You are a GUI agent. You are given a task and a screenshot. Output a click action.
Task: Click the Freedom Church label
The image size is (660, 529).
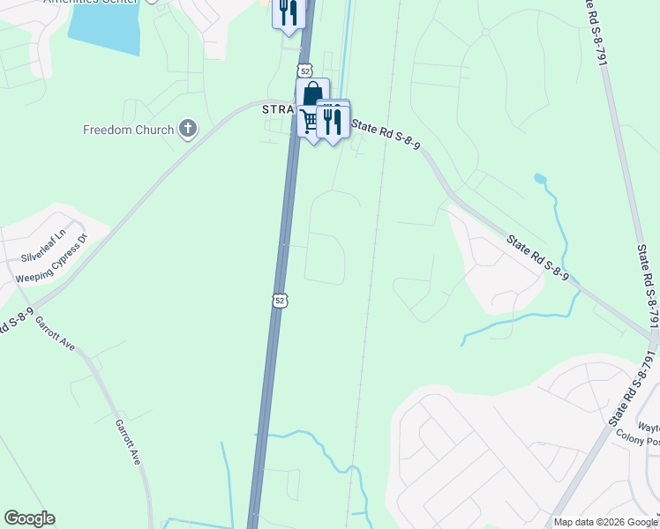129,130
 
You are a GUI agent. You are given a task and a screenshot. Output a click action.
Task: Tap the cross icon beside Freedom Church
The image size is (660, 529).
187,130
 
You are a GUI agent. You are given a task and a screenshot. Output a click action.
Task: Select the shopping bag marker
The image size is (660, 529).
312,93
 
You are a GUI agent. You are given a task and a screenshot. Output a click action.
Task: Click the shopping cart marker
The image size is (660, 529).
309,122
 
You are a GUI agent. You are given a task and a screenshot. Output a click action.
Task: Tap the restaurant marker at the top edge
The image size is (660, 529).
289,13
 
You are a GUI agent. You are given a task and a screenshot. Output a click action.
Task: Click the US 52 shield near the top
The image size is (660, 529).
304,70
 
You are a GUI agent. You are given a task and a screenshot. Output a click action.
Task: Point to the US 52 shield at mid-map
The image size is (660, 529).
279,301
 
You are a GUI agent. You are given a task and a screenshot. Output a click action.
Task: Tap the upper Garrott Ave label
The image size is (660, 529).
56,334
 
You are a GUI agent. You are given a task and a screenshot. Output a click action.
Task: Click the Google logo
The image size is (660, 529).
29,518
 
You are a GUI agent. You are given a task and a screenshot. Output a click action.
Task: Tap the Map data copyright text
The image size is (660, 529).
605,522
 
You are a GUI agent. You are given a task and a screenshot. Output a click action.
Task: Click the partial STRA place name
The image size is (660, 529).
277,108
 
